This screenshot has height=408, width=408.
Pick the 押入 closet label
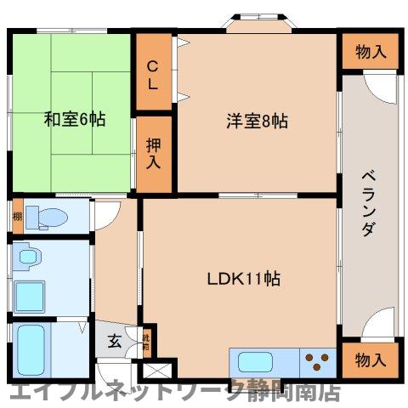click(x=154, y=153)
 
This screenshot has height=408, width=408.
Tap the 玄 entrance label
click(x=115, y=343)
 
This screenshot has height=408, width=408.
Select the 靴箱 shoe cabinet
click(x=146, y=342)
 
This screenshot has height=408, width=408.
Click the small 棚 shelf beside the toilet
click(x=16, y=216)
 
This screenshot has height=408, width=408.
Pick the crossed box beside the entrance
click(x=157, y=371)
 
